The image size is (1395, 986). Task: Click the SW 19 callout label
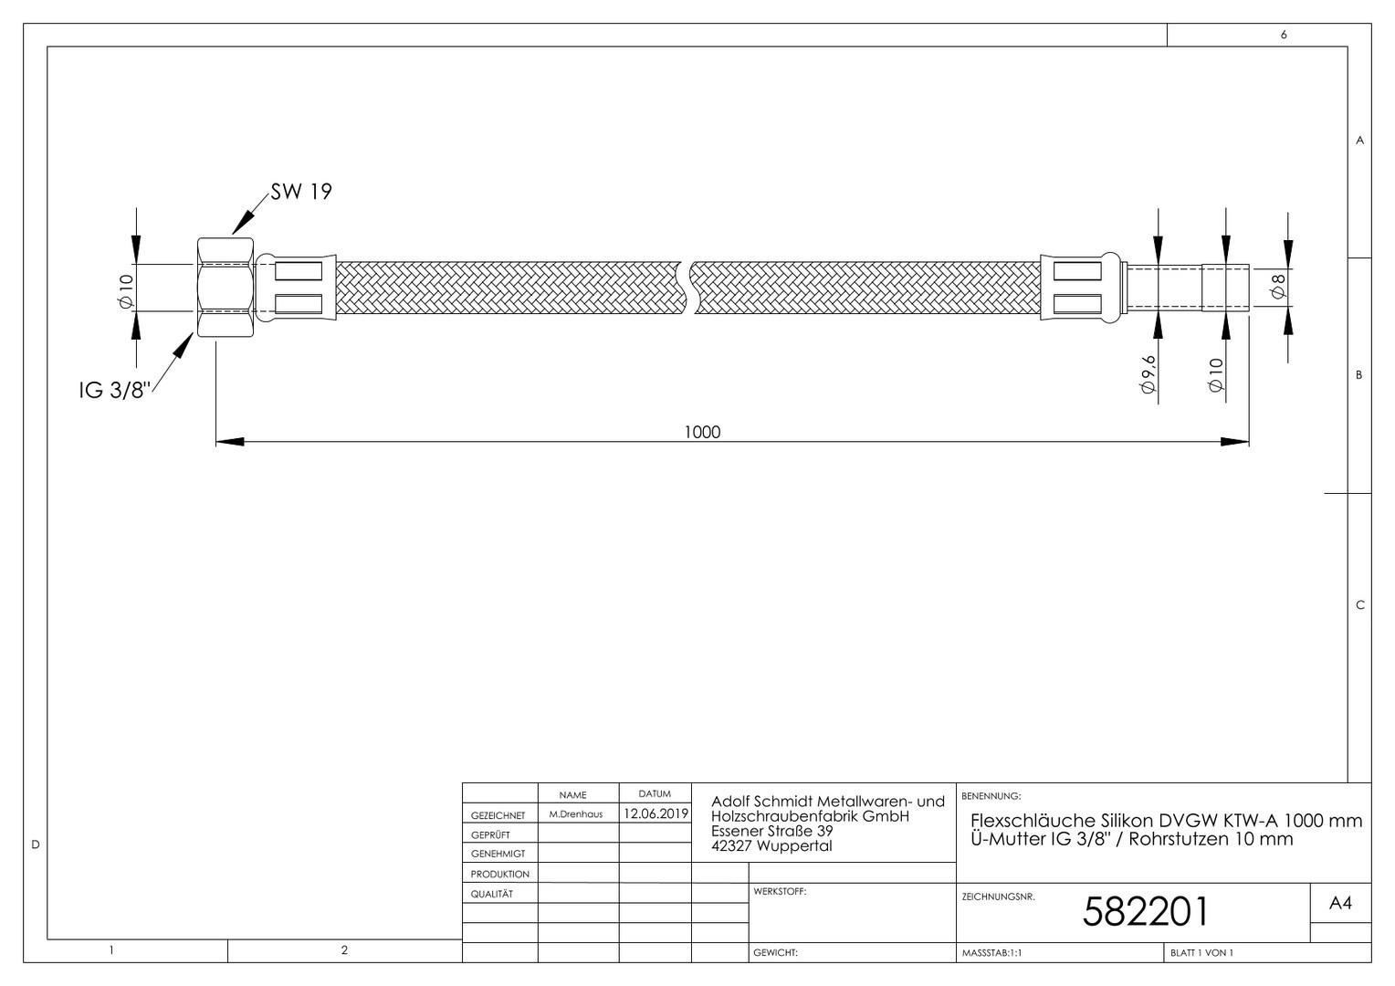click(300, 192)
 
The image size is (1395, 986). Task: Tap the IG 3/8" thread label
click(115, 391)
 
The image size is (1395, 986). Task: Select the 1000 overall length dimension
click(702, 432)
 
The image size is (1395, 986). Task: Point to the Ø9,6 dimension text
click(1148, 373)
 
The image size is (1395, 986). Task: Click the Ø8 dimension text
click(1277, 287)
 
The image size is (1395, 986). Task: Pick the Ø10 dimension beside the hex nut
click(126, 291)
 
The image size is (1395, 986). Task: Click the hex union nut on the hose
click(226, 288)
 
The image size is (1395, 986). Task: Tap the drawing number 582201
click(1145, 911)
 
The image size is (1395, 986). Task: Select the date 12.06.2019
click(656, 813)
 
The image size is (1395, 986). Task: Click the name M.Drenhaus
click(575, 814)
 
